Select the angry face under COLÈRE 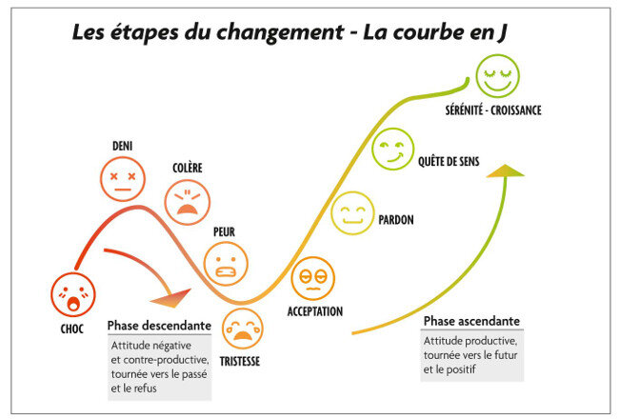187,201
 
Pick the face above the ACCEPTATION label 312,279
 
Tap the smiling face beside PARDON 352,212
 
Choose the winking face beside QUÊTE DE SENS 390,151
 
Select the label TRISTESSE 240,362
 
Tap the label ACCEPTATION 315,311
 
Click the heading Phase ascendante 471,321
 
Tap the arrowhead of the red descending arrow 182,299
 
